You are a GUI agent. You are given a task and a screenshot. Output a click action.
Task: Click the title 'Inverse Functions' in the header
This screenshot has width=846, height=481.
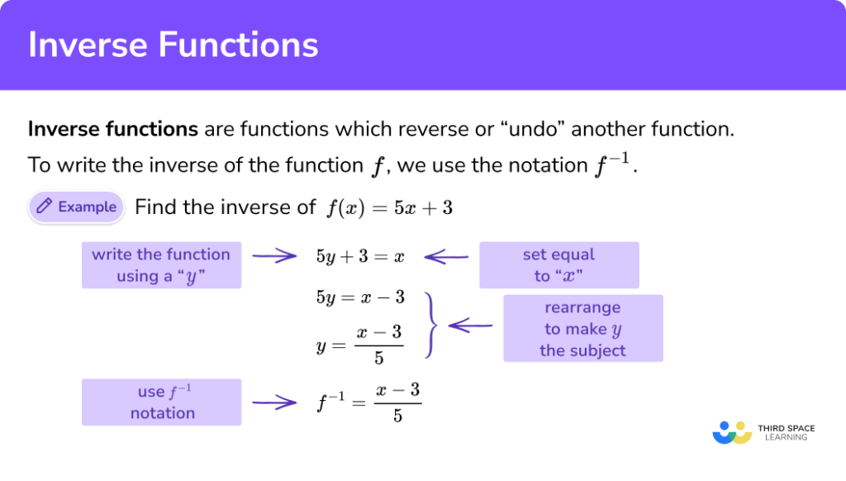point(173,45)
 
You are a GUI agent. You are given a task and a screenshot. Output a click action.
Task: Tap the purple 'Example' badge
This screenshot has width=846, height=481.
point(76,207)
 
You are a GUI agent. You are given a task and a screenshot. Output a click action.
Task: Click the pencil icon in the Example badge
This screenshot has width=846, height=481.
point(45,207)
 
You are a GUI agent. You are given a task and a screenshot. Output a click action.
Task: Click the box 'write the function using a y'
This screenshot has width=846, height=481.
point(161,265)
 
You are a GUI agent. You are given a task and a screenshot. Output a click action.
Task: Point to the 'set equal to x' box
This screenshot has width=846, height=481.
point(558,265)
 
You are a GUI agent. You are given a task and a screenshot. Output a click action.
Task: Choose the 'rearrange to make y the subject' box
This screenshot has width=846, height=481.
point(582,329)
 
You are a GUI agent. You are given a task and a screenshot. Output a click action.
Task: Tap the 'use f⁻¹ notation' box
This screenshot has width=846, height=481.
point(161,402)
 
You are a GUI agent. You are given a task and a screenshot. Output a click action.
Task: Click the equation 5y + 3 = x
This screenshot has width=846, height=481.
point(360,256)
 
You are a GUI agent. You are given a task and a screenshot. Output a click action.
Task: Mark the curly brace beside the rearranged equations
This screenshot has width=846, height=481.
point(429,325)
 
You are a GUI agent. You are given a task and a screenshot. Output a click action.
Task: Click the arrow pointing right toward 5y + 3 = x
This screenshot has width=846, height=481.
point(273,256)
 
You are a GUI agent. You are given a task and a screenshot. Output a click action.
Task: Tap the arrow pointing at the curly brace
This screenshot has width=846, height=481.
point(469,326)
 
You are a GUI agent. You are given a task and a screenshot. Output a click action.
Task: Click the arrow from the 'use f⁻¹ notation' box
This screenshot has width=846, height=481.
point(273,403)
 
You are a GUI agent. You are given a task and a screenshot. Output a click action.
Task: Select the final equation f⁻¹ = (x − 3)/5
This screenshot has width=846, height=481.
point(369,403)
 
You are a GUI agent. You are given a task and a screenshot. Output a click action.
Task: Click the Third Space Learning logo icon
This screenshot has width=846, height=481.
point(732,432)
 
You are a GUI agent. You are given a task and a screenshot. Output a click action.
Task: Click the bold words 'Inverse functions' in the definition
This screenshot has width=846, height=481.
point(113,130)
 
